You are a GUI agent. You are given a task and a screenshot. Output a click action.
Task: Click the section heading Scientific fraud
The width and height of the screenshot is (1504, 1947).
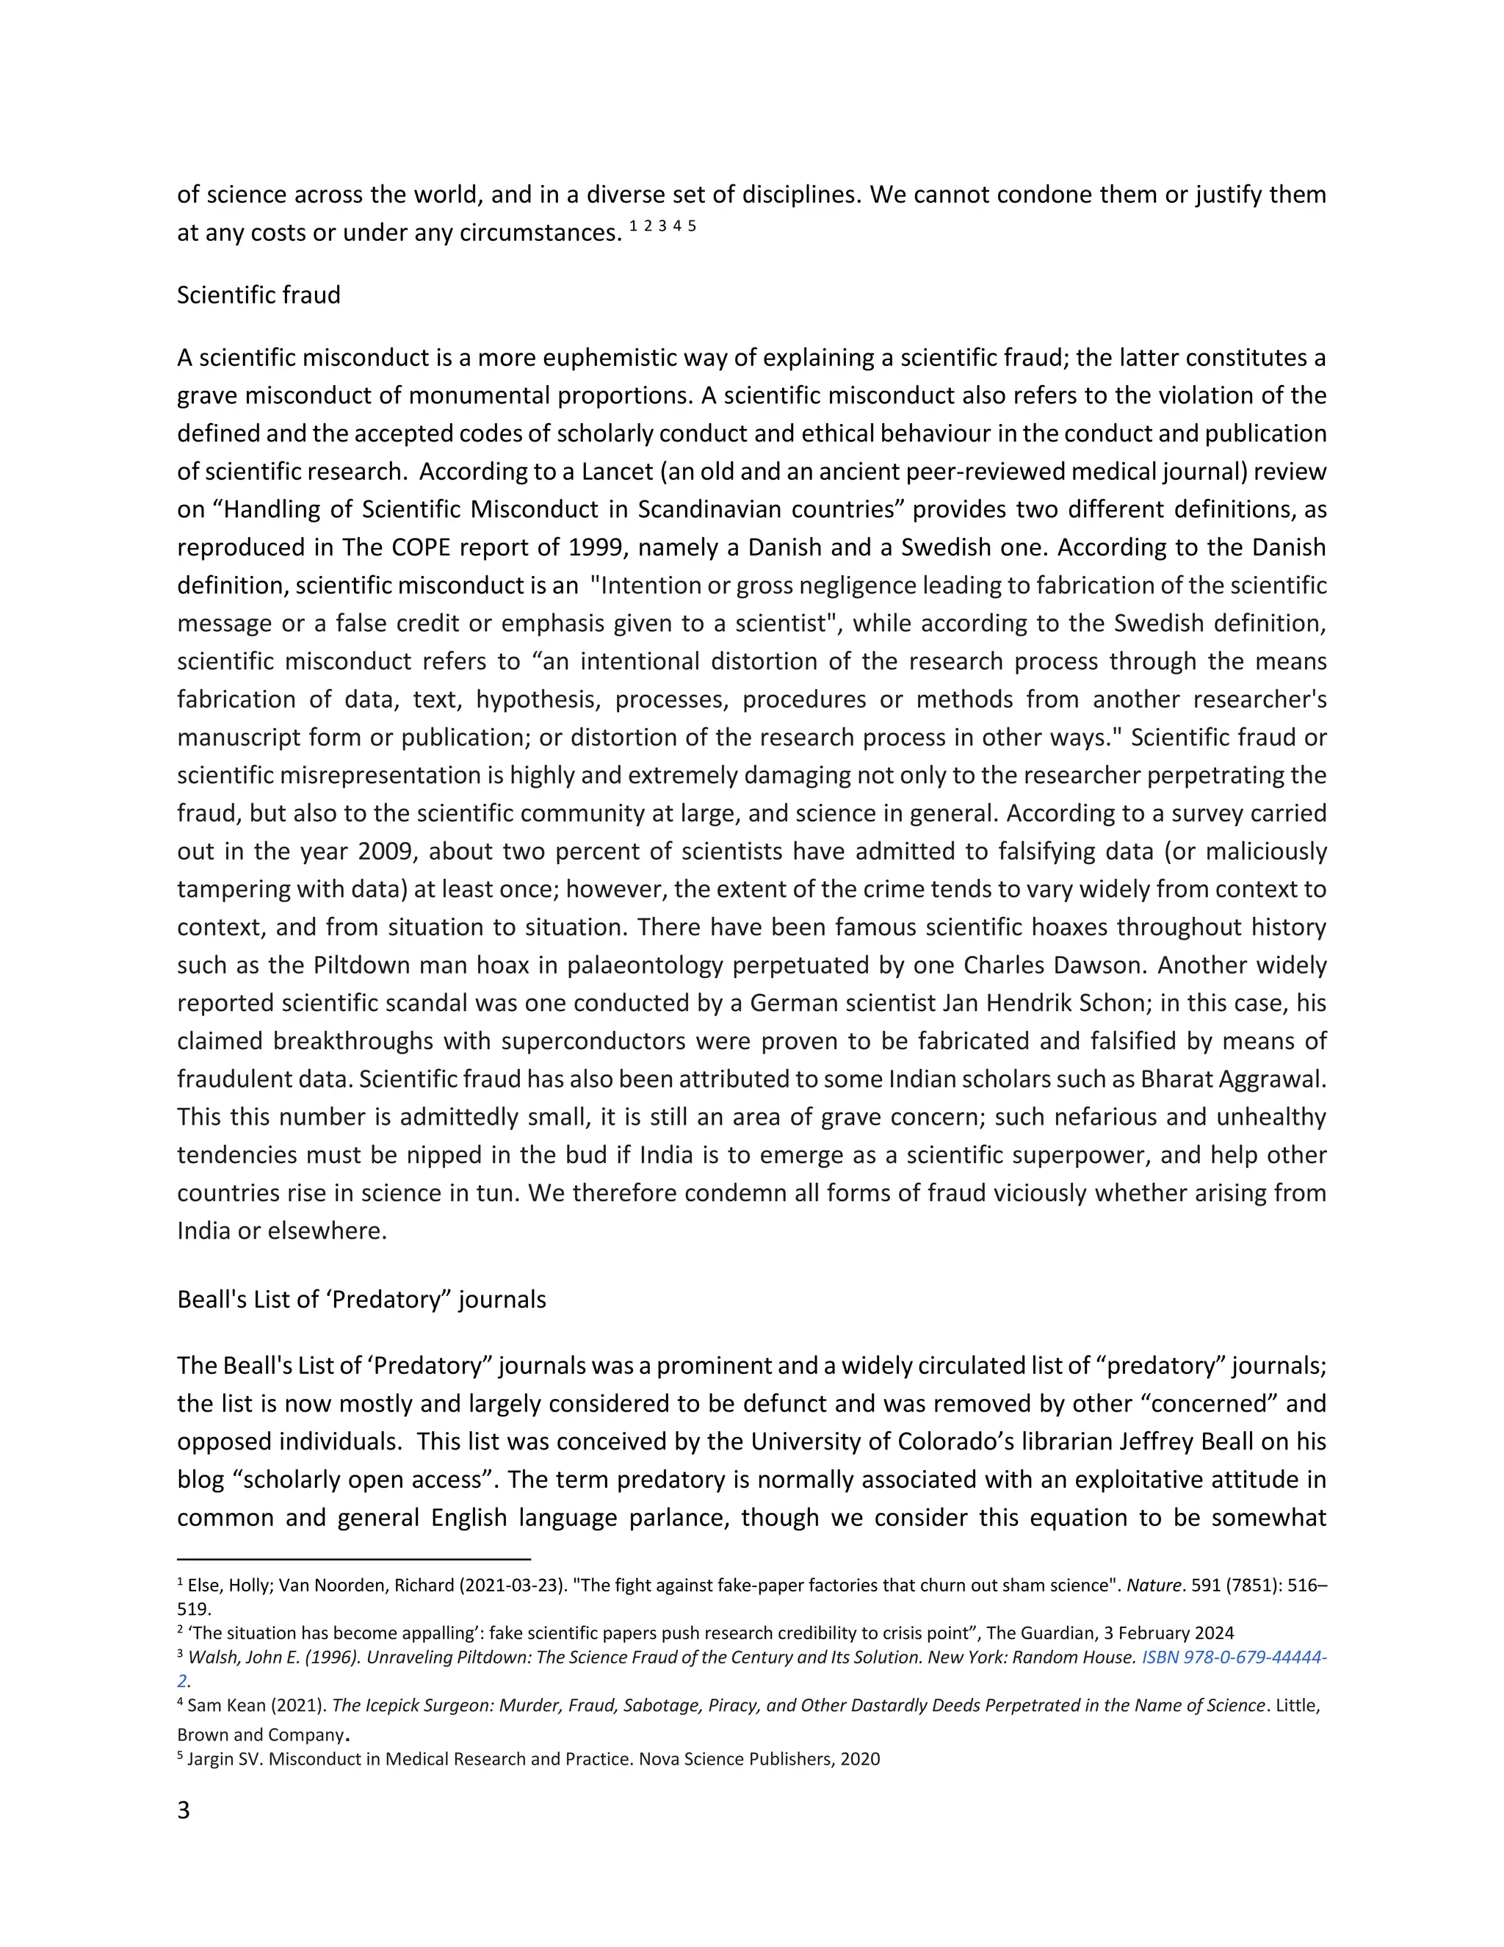[258, 295]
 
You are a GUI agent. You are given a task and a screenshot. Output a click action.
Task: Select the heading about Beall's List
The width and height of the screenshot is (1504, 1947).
[361, 1299]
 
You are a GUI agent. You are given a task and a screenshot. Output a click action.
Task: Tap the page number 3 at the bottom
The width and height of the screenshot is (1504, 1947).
[184, 1810]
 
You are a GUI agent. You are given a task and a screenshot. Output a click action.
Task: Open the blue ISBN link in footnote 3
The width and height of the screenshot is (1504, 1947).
[1234, 1658]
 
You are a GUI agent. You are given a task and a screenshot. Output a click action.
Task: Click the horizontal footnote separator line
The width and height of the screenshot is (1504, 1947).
[354, 1559]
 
